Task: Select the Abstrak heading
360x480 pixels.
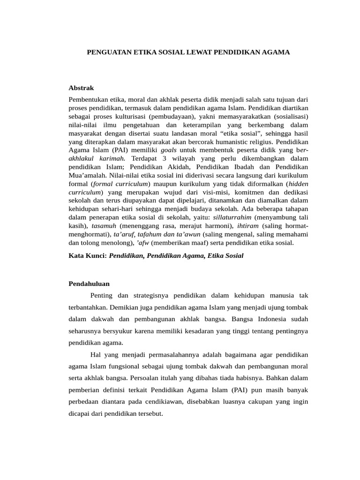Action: [x=82, y=88]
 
